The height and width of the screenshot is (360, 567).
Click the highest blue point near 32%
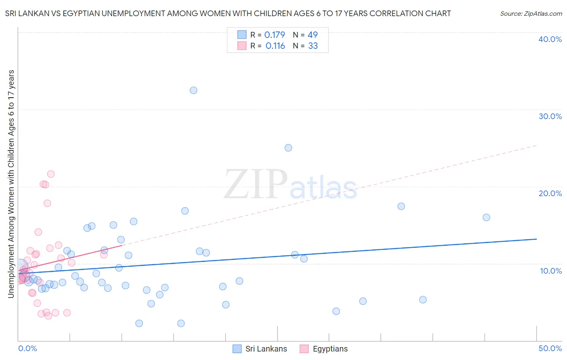[194, 90]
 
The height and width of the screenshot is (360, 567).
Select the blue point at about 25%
[288, 148]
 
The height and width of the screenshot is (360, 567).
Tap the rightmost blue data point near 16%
[486, 218]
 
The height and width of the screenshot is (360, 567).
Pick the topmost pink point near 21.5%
[51, 174]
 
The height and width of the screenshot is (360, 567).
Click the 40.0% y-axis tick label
[550, 39]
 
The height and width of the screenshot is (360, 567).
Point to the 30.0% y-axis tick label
[550, 116]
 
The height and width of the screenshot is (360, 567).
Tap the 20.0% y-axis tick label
[550, 193]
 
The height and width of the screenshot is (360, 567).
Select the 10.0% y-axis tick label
[551, 271]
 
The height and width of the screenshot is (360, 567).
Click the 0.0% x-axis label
[27, 348]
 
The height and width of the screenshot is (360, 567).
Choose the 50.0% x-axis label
[550, 348]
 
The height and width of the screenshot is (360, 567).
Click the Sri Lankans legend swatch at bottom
[237, 349]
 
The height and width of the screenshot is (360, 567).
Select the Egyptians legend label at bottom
[330, 349]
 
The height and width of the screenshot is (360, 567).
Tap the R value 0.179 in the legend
[275, 35]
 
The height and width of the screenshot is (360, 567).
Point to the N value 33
[313, 46]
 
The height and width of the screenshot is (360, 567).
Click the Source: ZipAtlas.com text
[531, 13]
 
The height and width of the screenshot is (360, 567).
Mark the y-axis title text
[11, 184]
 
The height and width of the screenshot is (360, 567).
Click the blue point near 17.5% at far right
[401, 206]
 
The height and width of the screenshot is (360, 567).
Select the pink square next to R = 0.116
[242, 46]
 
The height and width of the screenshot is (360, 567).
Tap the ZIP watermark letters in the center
[256, 184]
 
